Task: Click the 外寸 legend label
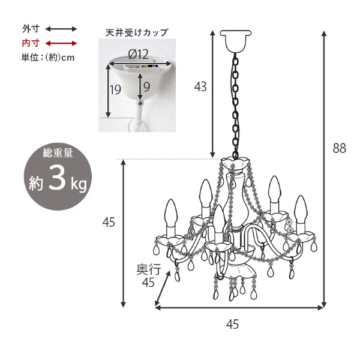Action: [31, 29]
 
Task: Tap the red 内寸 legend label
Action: [31, 43]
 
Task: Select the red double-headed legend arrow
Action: [61, 43]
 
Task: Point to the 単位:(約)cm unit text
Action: [48, 58]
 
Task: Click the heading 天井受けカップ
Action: [137, 32]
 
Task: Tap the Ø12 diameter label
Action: [138, 55]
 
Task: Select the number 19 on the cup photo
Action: [115, 90]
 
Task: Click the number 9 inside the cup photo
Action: [147, 87]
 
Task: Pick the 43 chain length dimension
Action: [200, 87]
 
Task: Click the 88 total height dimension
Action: [340, 148]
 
